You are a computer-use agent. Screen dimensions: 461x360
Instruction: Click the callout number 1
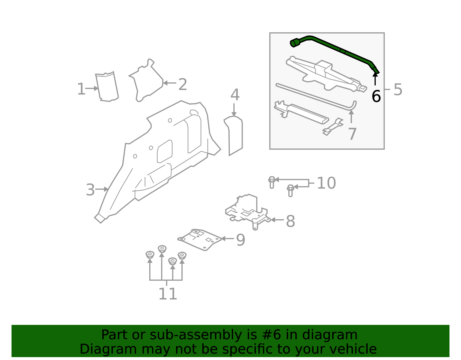pos(81,89)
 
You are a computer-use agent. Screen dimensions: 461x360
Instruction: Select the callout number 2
pos(183,84)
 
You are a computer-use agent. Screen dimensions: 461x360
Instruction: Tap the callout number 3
pos(90,190)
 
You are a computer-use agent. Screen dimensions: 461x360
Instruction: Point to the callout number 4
pos(235,95)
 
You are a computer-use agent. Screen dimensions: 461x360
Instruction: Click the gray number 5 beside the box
pos(398,90)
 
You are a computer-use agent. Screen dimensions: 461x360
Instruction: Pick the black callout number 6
pos(376,96)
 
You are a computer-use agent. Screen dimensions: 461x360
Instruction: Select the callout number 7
pos(352,134)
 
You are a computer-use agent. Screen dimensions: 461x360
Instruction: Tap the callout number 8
pos(290,221)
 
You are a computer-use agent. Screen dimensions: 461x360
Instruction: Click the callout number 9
pos(241,240)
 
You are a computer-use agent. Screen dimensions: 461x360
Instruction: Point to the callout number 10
pos(326,183)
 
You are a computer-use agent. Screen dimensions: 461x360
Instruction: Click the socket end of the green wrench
pos(295,43)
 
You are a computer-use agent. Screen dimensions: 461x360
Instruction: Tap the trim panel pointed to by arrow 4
pos(233,135)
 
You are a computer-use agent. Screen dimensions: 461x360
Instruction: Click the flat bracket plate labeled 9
pos(200,240)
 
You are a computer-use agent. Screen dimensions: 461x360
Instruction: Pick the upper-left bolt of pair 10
pos(271,182)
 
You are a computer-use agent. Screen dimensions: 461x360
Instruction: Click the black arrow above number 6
pos(375,79)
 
